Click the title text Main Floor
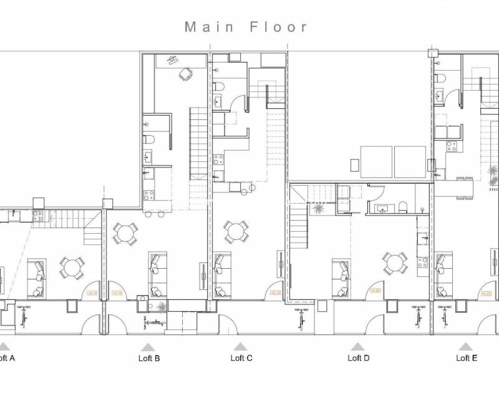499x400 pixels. coord(246,27)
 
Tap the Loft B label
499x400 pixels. coord(149,358)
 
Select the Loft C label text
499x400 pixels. coord(241,358)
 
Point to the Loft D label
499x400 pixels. coord(359,358)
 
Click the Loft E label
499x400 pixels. coord(467,358)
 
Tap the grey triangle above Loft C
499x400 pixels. coord(240,347)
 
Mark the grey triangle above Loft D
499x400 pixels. coord(357,347)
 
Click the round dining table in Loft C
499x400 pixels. coord(236,232)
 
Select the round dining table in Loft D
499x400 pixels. coord(395,263)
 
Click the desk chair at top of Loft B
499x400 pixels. coord(185,74)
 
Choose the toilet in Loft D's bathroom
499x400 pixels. coord(403,207)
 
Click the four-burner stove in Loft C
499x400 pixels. coord(218,159)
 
